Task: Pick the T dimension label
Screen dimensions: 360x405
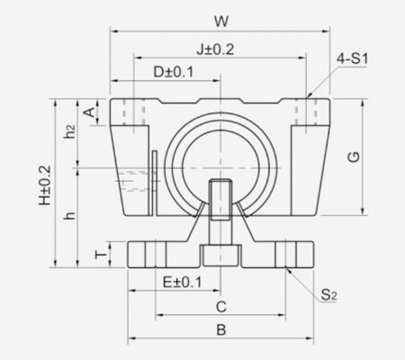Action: point(101,256)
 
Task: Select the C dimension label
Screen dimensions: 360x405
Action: point(220,306)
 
